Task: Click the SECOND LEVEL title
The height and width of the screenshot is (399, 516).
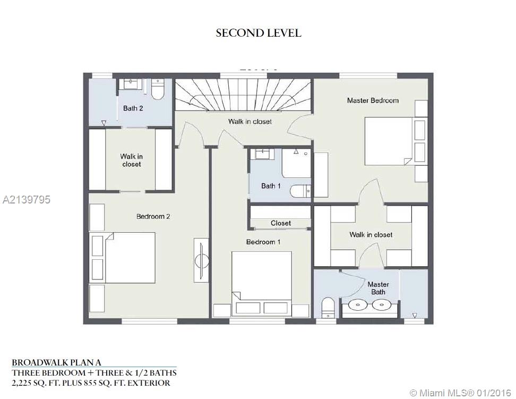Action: pos(259,33)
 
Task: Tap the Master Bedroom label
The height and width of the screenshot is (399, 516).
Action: pos(373,100)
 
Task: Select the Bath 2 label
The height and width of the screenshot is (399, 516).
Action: pos(133,108)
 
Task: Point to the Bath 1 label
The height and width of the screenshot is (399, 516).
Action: pos(271,186)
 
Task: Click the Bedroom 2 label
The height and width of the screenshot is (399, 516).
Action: pos(153,216)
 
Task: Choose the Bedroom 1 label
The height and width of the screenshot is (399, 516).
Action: pos(263,242)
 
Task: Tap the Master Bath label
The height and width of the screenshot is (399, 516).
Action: pos(378,288)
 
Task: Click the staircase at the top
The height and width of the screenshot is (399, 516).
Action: pos(243,95)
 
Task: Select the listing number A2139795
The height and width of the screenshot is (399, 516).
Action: pos(27,199)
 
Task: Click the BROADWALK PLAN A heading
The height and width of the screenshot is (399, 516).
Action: pos(56,362)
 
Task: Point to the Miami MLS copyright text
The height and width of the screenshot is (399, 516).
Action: pos(460,393)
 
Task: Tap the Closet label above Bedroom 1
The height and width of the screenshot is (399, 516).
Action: pos(281,223)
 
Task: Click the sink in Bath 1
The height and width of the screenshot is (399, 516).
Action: pos(262,154)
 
